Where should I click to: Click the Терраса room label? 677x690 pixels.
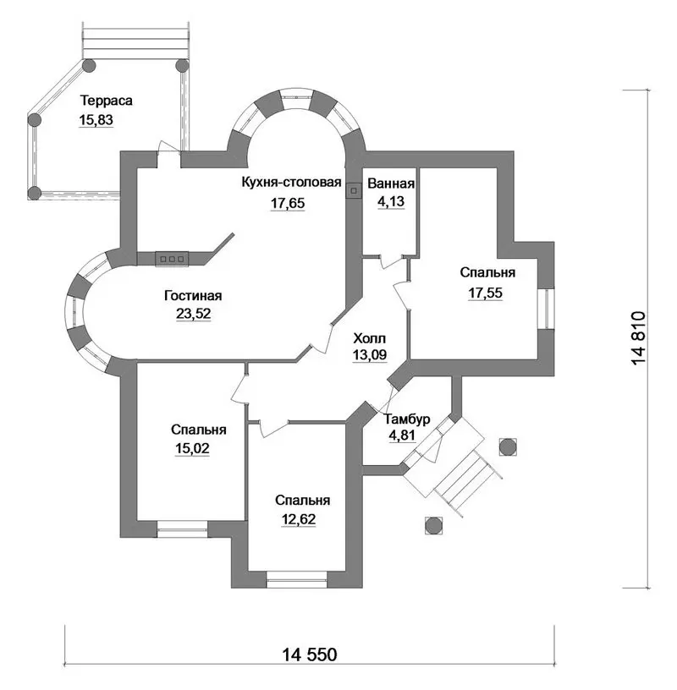pyautogui.click(x=106, y=101)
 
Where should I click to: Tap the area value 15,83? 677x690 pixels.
pyautogui.click(x=96, y=120)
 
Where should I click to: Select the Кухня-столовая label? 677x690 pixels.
pyautogui.click(x=292, y=182)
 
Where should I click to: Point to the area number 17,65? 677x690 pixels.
pyautogui.click(x=288, y=203)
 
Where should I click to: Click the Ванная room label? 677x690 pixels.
pyautogui.click(x=391, y=183)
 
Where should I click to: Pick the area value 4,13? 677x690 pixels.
pyautogui.click(x=391, y=201)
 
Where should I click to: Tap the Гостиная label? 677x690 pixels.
pyautogui.click(x=193, y=295)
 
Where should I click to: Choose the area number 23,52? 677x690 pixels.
pyautogui.click(x=193, y=314)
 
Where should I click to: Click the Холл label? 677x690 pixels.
pyautogui.click(x=370, y=338)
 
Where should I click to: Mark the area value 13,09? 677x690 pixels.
pyautogui.click(x=370, y=354)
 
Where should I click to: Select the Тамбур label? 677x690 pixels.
pyautogui.click(x=407, y=419)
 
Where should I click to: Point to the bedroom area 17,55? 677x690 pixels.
pyautogui.click(x=485, y=293)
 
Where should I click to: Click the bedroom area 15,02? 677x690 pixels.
pyautogui.click(x=192, y=448)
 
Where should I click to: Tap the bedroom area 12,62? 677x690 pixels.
pyautogui.click(x=299, y=519)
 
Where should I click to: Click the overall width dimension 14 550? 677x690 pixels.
pyautogui.click(x=309, y=654)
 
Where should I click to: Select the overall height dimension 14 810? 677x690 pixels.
pyautogui.click(x=639, y=338)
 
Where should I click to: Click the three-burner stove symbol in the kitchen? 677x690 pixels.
pyautogui.click(x=172, y=259)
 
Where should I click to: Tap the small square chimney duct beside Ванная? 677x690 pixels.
pyautogui.click(x=354, y=191)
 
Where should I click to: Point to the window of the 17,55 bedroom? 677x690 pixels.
pyautogui.click(x=546, y=309)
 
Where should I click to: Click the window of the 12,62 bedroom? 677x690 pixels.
pyautogui.click(x=296, y=579)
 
